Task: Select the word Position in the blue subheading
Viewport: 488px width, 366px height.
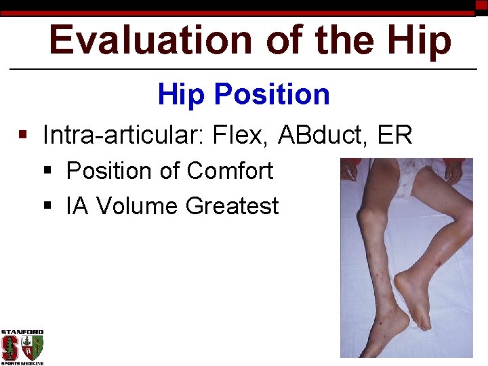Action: click(271, 95)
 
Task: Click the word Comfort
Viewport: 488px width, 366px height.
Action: click(230, 171)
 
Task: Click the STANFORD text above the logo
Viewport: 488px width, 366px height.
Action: click(22, 332)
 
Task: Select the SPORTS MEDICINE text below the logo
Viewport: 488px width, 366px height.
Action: click(22, 363)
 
